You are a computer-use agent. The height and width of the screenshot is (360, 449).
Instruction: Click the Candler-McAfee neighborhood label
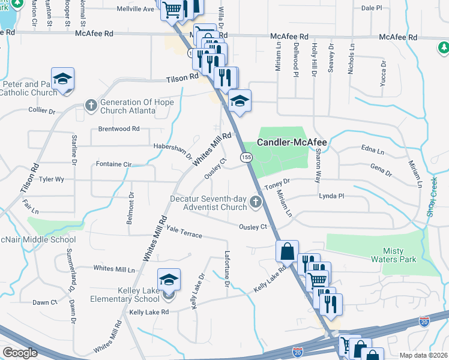point(292,143)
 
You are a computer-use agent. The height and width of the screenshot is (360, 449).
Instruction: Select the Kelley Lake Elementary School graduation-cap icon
point(169,279)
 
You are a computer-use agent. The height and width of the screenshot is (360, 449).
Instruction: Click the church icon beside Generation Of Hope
point(91,106)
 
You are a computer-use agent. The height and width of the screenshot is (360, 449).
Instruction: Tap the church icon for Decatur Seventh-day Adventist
point(256,202)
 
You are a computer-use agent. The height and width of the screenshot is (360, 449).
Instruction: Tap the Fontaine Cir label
point(113,164)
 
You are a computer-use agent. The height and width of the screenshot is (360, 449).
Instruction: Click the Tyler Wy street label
point(51,179)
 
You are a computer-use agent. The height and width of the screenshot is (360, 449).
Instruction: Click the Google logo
point(20,353)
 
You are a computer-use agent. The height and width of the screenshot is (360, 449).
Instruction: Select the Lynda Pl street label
point(331,196)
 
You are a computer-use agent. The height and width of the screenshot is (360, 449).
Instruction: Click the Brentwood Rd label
point(119,129)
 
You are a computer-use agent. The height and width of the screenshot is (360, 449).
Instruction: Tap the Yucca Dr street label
point(382,74)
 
